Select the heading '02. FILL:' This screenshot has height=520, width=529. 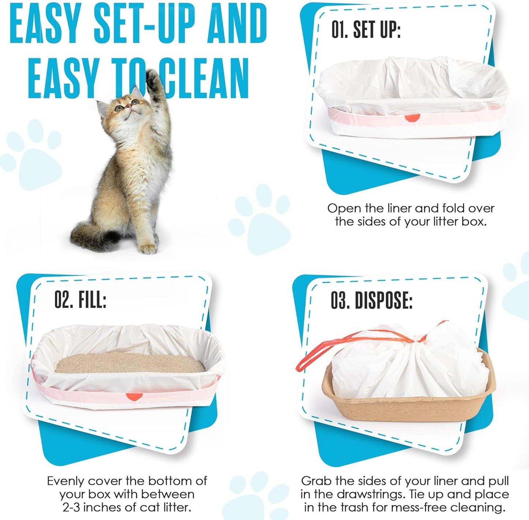point(80,301)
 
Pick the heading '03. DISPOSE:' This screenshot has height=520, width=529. point(372,301)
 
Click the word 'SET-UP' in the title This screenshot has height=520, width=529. point(146,24)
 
